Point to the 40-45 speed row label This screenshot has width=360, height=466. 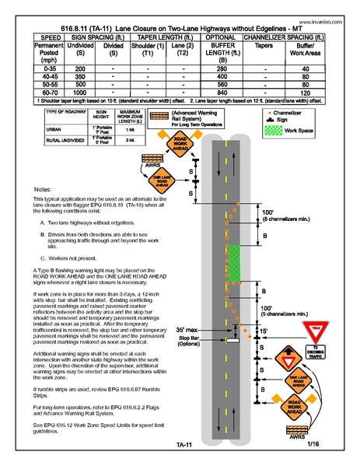[x=30, y=77]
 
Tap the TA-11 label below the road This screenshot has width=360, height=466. [x=185, y=446]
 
